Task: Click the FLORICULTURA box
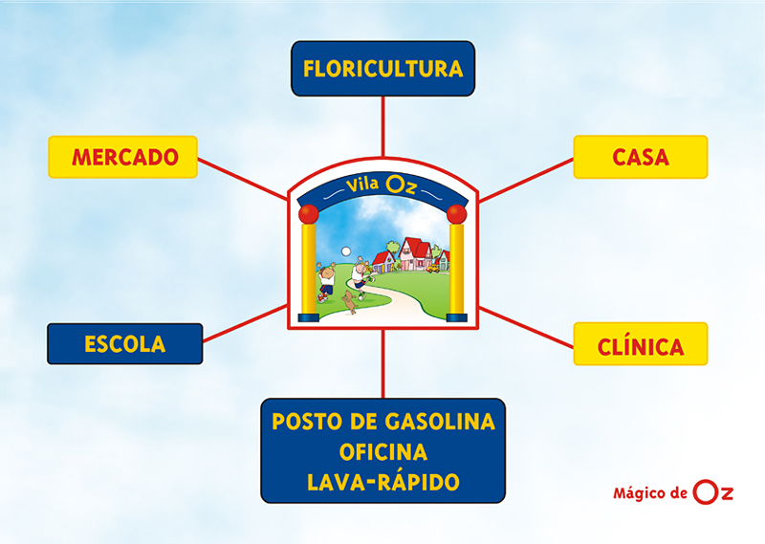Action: (x=382, y=68)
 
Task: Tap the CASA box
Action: (x=640, y=157)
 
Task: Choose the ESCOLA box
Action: (x=125, y=343)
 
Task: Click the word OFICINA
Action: (x=383, y=452)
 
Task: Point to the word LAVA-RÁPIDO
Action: (x=383, y=482)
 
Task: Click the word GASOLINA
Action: (x=439, y=422)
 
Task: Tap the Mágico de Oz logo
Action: (x=673, y=492)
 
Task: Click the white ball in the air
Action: (x=346, y=251)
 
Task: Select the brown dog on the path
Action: (x=349, y=302)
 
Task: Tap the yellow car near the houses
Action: (x=432, y=268)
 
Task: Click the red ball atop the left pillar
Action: (x=308, y=214)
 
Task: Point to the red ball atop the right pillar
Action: (x=457, y=214)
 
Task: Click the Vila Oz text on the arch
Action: (x=381, y=185)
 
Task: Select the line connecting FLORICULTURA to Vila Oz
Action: (x=383, y=126)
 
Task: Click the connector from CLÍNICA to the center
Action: (x=526, y=327)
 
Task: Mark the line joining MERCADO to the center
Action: (x=242, y=179)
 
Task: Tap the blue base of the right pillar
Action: (x=457, y=317)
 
